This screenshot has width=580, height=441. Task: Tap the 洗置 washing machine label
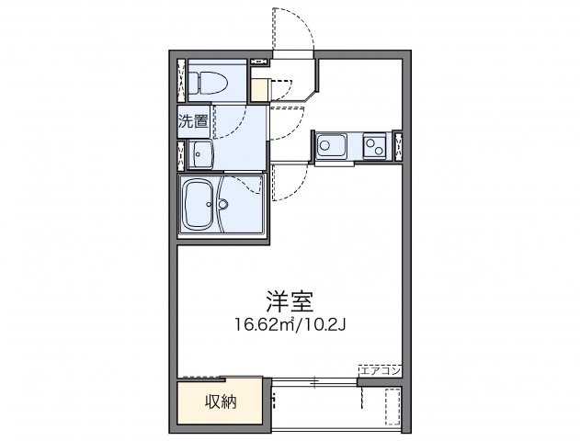click(x=193, y=120)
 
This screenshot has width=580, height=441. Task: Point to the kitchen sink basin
click(x=330, y=144)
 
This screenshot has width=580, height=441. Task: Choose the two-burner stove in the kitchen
click(x=374, y=144)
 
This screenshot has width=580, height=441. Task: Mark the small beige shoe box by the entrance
click(x=260, y=89)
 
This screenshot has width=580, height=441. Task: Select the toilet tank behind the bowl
click(x=191, y=81)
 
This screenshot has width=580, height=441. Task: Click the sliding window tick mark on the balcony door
click(x=313, y=379)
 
